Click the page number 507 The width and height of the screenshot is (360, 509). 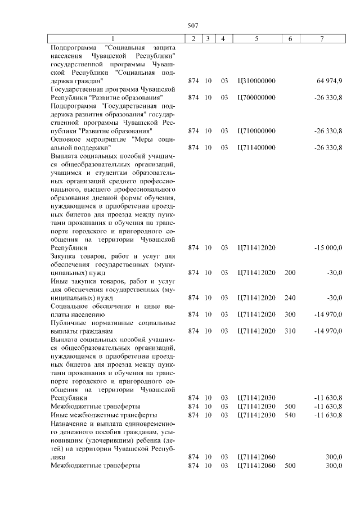(x=193, y=25)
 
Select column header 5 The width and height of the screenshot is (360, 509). (x=256, y=38)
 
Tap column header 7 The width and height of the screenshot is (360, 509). (x=321, y=38)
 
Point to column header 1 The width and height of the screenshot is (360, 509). (x=112, y=38)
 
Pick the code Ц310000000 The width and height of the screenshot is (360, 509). (x=256, y=81)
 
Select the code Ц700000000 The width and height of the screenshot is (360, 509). (x=256, y=97)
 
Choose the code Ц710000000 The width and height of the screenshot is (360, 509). (x=256, y=131)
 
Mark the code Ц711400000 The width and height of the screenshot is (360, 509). (x=256, y=147)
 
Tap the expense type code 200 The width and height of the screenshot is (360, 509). (x=290, y=272)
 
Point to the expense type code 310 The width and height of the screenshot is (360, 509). (x=290, y=331)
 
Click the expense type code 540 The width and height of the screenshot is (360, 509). (x=290, y=415)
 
